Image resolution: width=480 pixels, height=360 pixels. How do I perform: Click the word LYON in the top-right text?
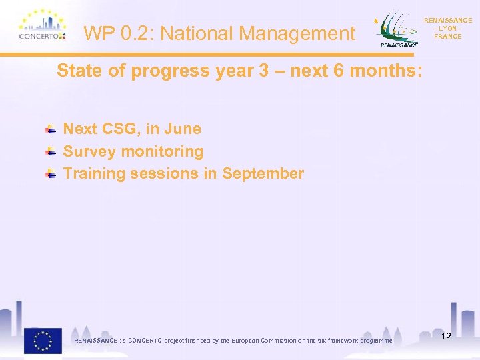447,29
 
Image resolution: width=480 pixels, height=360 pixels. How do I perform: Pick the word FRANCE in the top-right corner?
447,37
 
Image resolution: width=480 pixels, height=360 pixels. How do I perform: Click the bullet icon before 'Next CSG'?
51,129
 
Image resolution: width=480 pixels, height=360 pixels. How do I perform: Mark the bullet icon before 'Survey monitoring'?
51,151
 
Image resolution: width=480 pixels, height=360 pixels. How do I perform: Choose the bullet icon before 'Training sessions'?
51,174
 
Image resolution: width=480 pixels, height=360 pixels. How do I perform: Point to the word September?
263,174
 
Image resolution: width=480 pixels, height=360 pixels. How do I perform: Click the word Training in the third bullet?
93,174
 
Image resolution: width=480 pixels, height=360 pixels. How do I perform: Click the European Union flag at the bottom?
43,340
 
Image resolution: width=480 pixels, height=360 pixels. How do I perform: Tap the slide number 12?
446,336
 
